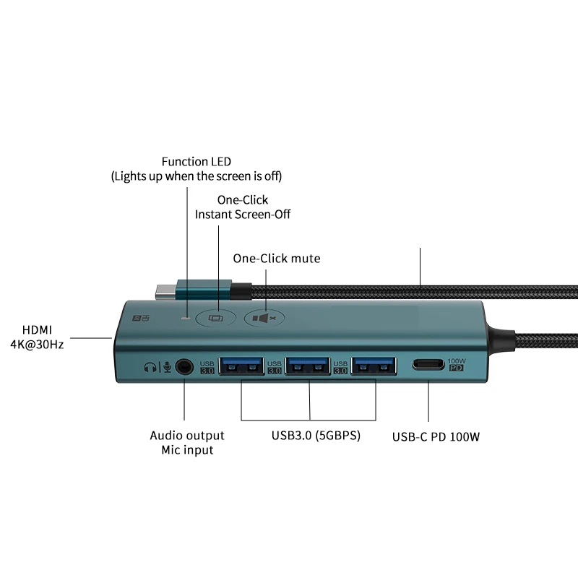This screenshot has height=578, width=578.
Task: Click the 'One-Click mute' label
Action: [x=276, y=258]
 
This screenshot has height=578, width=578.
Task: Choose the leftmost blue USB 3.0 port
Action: [x=242, y=367]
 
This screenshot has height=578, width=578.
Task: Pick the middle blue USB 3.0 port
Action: [x=309, y=367]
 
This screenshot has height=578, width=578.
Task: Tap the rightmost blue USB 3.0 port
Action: [x=374, y=367]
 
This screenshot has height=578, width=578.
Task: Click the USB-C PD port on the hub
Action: [x=427, y=365]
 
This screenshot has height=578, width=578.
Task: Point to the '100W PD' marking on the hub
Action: [x=456, y=364]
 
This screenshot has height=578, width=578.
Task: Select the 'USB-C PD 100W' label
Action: [x=436, y=436]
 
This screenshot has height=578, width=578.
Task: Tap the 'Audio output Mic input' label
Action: [x=186, y=442]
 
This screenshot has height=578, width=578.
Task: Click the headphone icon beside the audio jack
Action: [x=150, y=367]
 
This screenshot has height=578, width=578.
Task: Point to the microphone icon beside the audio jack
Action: [x=165, y=367]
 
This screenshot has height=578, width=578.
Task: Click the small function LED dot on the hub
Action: [x=188, y=316]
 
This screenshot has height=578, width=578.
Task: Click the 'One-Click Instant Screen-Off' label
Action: [x=243, y=207]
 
